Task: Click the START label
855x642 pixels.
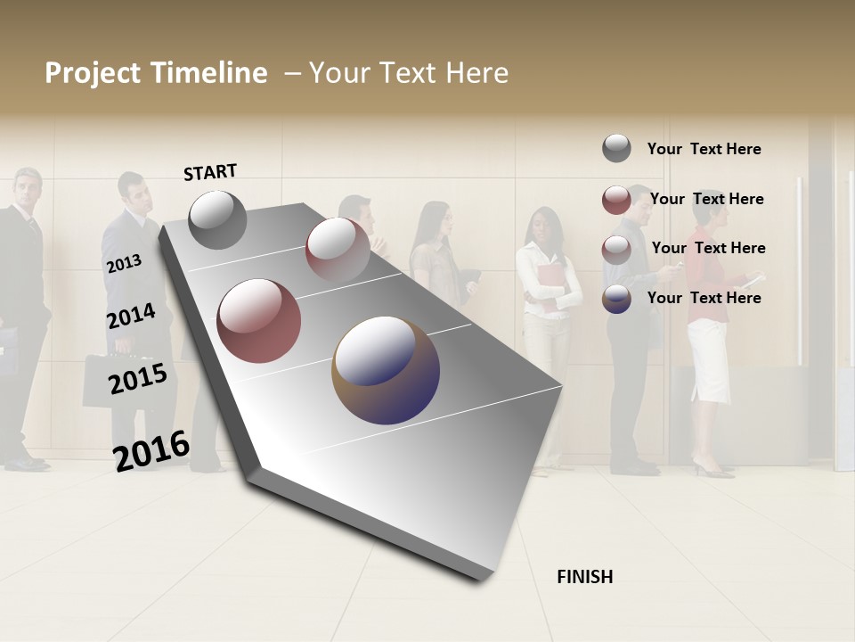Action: coord(210,172)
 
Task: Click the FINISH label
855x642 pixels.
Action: coord(584,577)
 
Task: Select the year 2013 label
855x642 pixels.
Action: coord(124,263)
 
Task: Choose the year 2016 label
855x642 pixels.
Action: coord(151,450)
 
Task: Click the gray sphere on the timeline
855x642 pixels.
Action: coord(217,219)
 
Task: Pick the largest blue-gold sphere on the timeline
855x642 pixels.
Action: coord(386,370)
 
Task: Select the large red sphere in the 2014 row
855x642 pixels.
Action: coord(259,321)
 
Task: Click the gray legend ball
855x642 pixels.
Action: coord(616,148)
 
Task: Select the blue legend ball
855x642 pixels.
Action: coord(616,299)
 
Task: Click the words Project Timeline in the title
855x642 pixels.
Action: coord(156,73)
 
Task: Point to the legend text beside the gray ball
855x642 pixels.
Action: coord(704,149)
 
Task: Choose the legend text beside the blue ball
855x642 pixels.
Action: coord(704,298)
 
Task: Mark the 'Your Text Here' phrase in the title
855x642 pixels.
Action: coord(408,73)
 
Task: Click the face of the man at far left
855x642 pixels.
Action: coord(27,189)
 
